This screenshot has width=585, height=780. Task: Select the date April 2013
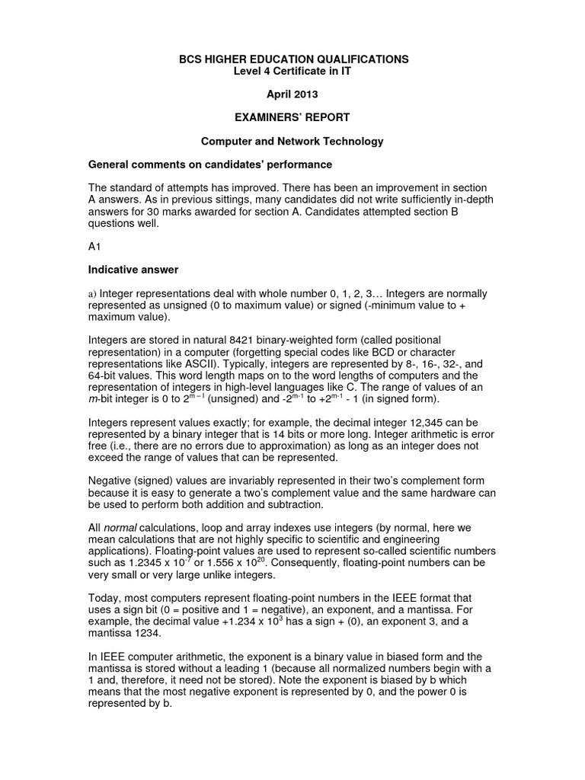click(x=292, y=95)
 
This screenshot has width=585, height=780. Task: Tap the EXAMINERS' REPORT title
click(x=292, y=118)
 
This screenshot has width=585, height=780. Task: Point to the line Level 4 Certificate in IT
click(x=292, y=71)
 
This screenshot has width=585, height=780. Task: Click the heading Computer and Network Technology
click(x=292, y=142)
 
